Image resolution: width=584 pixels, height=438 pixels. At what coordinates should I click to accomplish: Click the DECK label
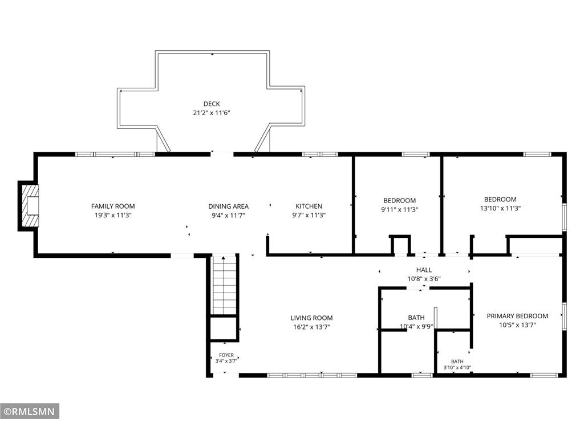coord(212,104)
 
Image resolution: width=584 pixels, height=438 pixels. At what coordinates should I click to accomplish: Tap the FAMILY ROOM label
coord(113,206)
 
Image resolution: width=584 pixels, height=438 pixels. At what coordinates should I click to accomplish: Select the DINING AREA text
coord(228,206)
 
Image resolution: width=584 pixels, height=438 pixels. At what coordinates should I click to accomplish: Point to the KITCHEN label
coord(309,206)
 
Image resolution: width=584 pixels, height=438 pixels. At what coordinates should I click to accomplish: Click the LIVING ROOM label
coord(312,318)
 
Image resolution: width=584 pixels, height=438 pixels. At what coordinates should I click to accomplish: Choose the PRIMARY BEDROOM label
coord(517,316)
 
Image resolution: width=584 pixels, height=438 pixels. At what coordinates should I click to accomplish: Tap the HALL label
coord(424,270)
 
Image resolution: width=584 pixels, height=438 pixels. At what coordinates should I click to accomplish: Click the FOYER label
coord(226,355)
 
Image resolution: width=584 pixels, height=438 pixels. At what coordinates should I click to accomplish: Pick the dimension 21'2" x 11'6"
coord(212,113)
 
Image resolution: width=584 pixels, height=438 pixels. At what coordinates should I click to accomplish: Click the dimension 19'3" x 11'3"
coord(113,215)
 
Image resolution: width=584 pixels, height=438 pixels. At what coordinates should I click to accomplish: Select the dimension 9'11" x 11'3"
coord(400,210)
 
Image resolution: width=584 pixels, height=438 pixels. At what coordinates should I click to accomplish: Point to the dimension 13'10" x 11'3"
coord(500,209)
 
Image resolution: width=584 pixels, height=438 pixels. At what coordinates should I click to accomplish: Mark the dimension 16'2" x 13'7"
coord(312,327)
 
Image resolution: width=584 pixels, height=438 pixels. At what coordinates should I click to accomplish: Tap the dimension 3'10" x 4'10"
coord(457,368)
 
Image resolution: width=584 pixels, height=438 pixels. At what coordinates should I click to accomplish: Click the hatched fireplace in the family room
coord(30,206)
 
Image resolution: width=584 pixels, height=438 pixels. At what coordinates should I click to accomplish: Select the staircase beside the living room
coord(224,285)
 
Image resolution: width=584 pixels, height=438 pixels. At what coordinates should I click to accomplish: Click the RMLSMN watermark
coord(30,412)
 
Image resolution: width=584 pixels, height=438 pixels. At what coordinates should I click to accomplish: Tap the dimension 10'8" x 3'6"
coord(424,279)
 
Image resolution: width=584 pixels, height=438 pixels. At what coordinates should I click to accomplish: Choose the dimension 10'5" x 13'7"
coord(517,325)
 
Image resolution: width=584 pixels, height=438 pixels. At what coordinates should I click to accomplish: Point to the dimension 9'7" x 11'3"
coord(309,215)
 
